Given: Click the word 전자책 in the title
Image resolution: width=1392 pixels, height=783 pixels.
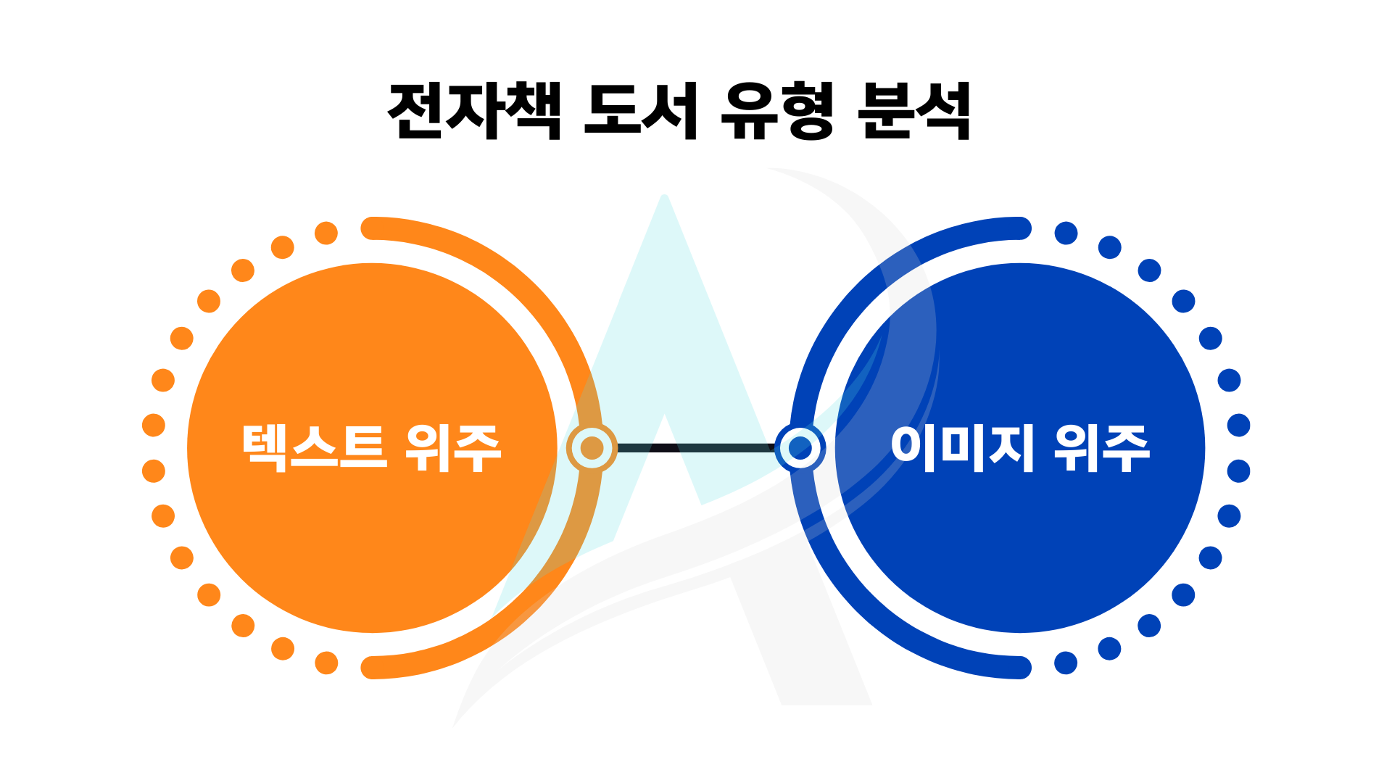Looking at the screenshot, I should tap(475, 111).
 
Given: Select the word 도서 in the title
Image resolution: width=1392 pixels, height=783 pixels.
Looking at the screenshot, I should tap(641, 111).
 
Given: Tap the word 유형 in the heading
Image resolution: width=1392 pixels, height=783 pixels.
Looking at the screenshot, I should tap(777, 111).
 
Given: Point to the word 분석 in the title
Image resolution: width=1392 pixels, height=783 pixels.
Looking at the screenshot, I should tap(913, 111).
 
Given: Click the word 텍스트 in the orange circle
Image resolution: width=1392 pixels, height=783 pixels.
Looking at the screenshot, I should tap(314, 448).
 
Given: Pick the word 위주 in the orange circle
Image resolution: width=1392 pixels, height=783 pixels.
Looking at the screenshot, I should tap(453, 448).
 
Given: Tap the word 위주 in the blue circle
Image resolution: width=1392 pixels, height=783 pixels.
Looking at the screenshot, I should tap(1102, 448).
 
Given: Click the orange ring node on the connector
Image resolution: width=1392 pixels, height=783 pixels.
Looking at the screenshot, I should tap(592, 448).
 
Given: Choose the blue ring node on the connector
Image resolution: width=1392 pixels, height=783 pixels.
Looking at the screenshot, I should tap(800, 448).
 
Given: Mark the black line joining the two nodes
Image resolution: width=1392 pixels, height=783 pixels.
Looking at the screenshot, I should tap(696, 448).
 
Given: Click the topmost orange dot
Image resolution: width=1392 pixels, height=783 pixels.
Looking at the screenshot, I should tap(326, 233).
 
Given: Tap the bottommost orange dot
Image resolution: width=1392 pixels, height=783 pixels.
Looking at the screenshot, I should tap(326, 663).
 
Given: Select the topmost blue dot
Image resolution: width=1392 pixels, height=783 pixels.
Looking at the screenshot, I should tap(1066, 233).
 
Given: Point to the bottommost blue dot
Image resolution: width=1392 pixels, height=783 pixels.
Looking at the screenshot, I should tap(1066, 663).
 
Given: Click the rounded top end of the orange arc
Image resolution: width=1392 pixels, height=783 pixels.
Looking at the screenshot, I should tap(372, 228).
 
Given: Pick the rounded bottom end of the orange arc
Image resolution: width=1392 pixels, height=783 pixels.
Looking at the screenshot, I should tap(372, 668).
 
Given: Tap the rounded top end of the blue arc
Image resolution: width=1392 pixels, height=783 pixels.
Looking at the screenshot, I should tap(1020, 228).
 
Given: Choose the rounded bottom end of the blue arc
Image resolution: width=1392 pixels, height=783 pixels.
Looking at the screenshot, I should tap(1020, 668).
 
